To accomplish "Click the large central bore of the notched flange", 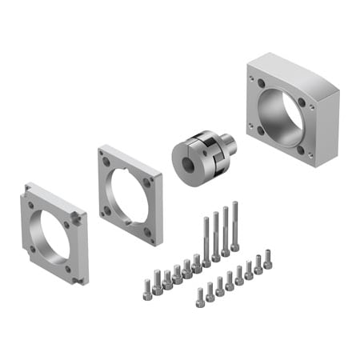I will (55, 234).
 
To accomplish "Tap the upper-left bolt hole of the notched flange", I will (31, 205).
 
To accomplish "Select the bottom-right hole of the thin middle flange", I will (147, 232).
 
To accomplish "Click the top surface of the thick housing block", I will (292, 68).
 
